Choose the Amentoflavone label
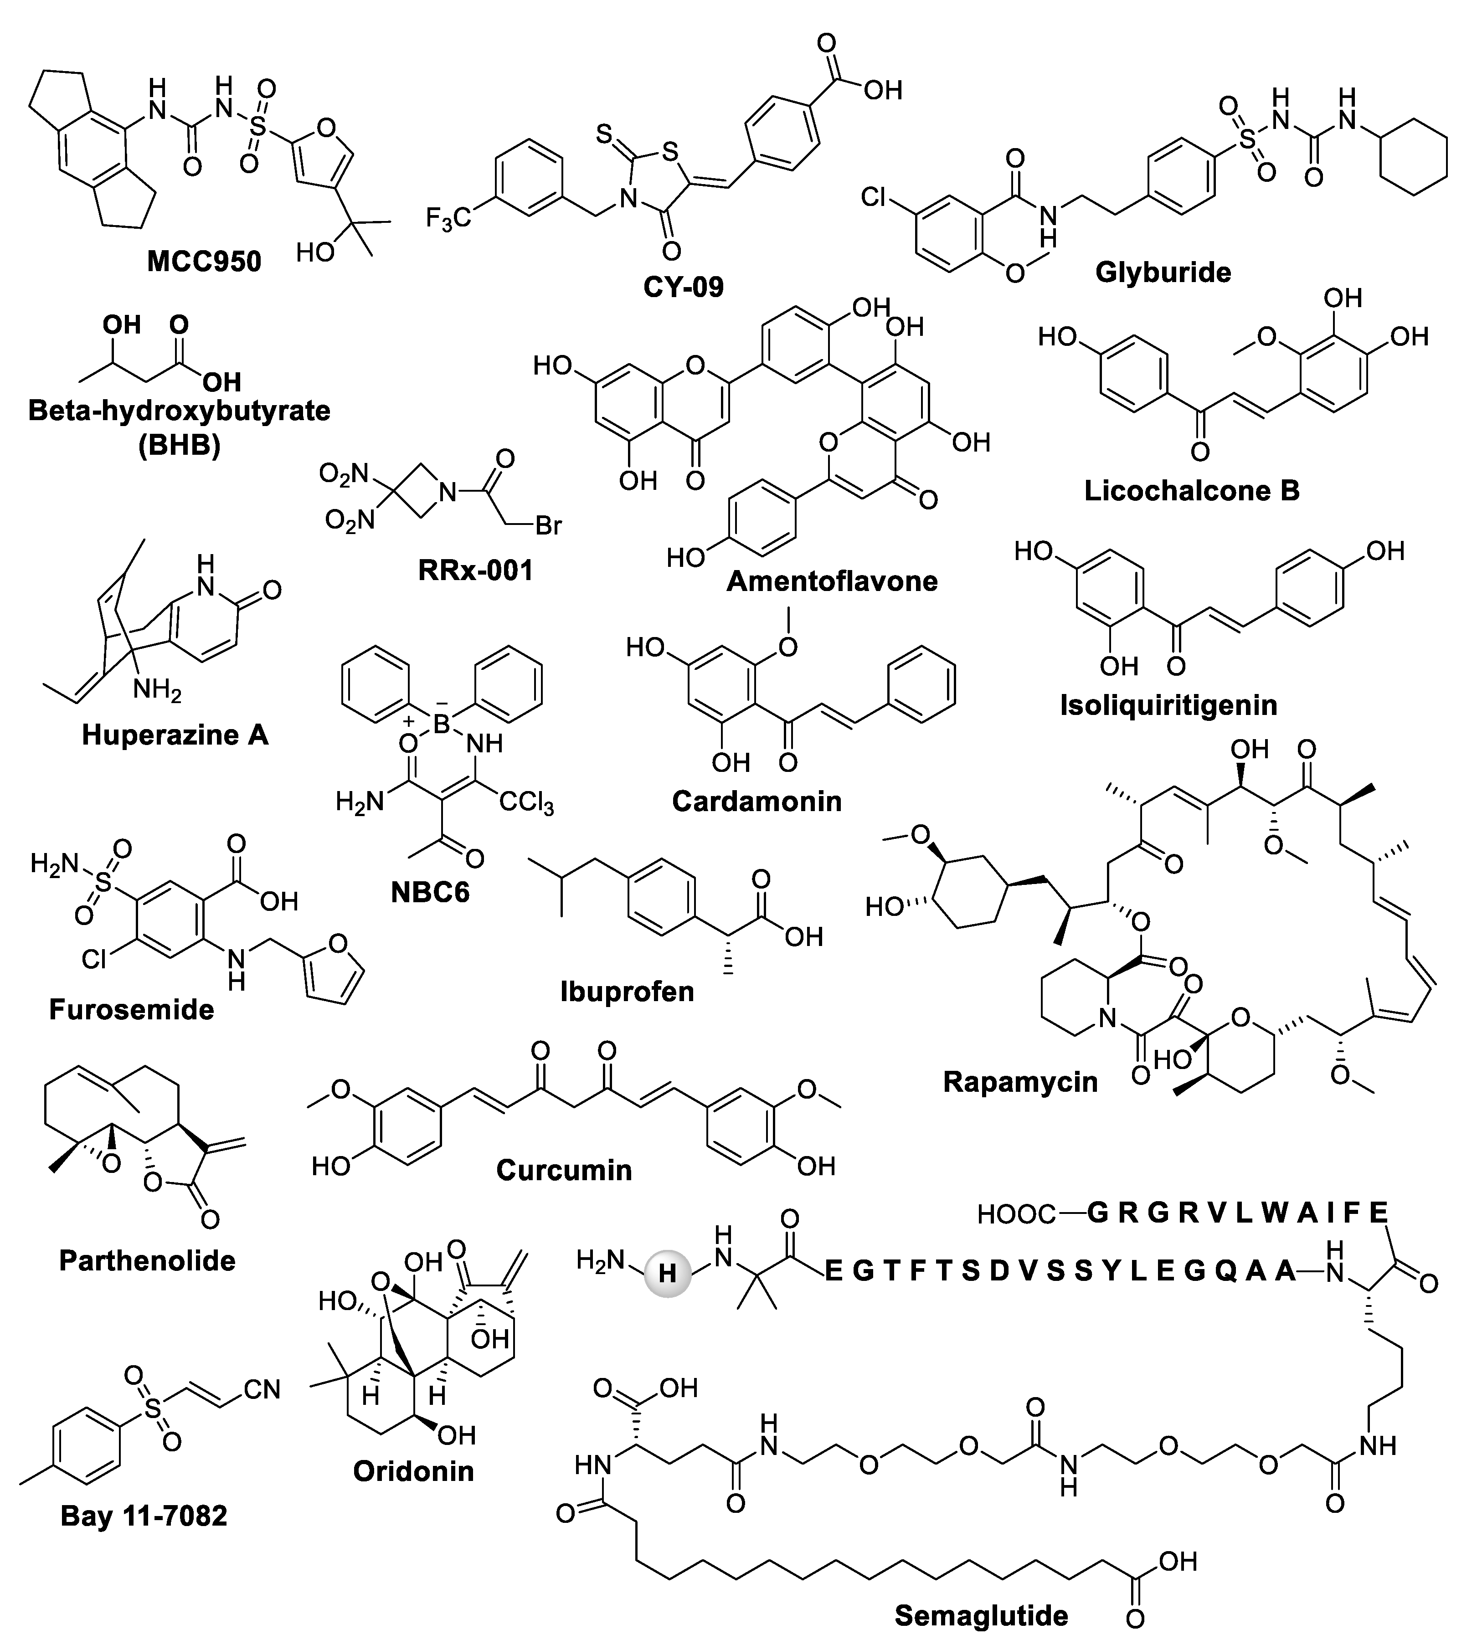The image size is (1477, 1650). coord(832,581)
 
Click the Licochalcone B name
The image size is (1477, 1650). coord(1191,490)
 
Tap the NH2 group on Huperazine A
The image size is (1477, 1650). coord(157,691)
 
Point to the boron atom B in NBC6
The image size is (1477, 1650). coord(441,724)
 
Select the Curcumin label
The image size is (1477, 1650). coord(564,1170)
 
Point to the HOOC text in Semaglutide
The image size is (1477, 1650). coord(1016,1214)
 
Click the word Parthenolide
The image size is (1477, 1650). coord(148,1260)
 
